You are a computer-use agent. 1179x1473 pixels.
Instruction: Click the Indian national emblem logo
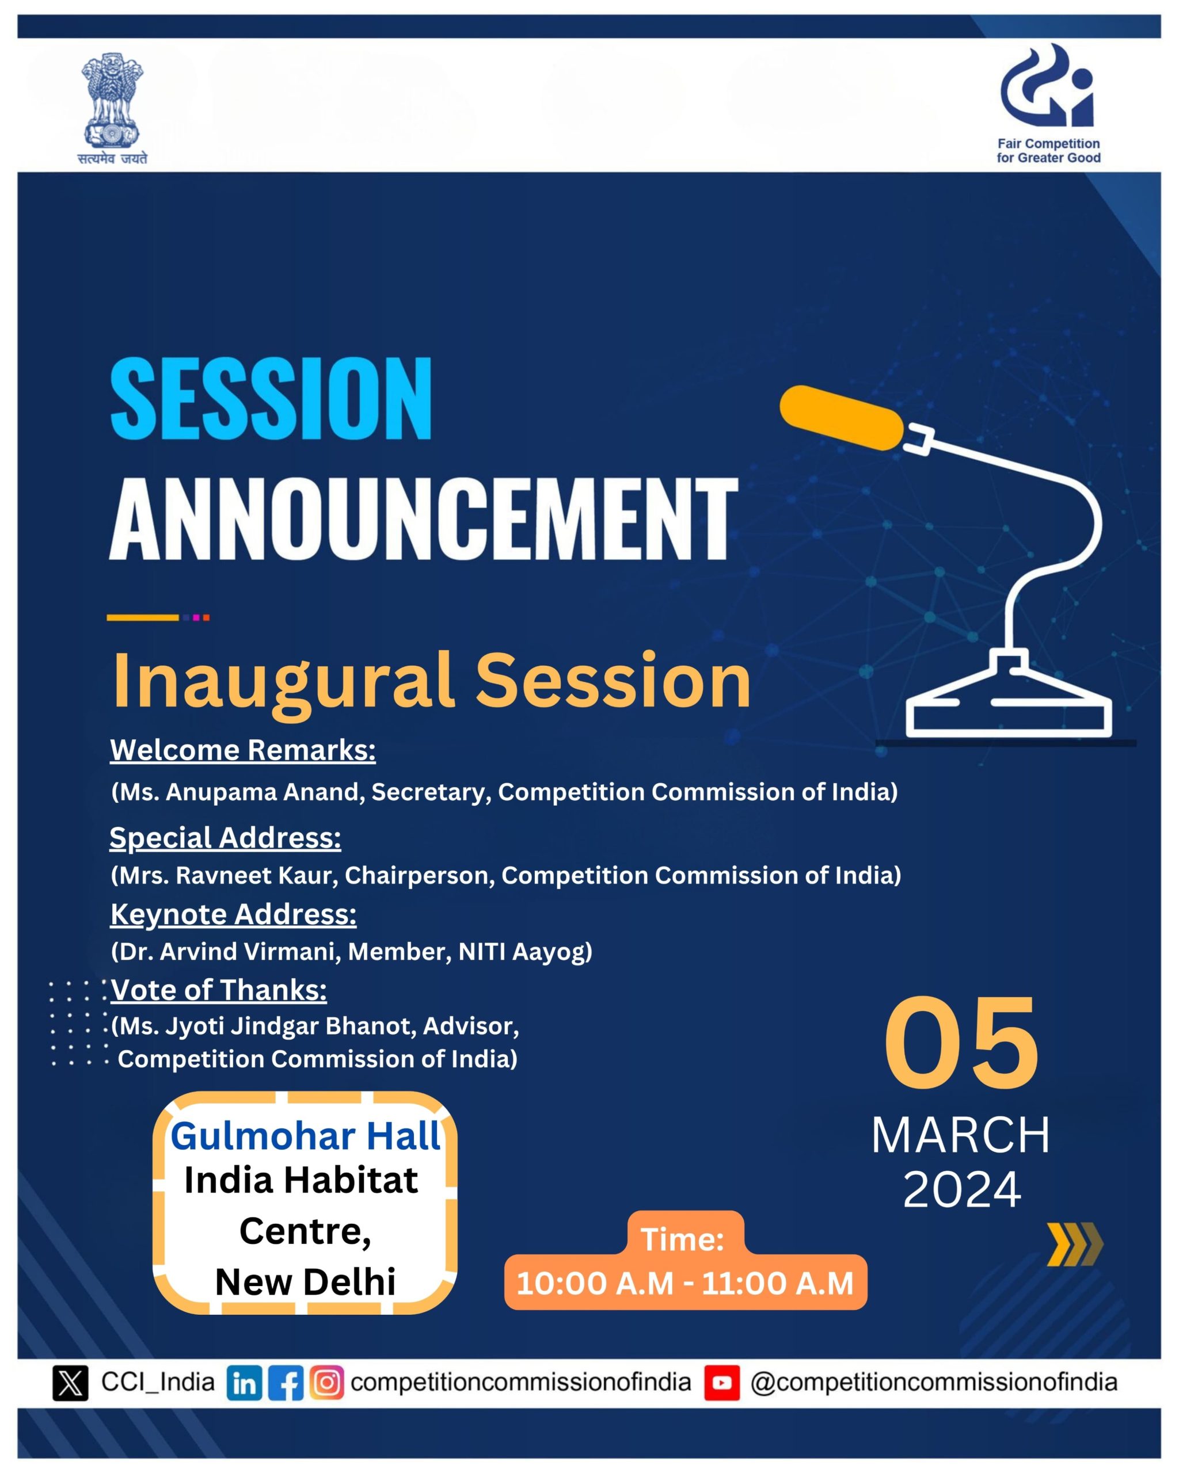(x=112, y=108)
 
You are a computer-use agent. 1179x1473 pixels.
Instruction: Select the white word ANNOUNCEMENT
(x=424, y=518)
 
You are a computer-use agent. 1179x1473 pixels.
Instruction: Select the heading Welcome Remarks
(x=242, y=750)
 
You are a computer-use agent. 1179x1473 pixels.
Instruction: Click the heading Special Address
(x=226, y=838)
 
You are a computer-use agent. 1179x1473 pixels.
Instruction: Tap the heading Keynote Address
(x=234, y=914)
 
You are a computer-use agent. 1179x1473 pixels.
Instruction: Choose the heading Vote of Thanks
(x=219, y=990)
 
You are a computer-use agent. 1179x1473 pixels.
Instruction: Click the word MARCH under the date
(x=961, y=1135)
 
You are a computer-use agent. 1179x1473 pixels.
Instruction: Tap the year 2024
(x=961, y=1189)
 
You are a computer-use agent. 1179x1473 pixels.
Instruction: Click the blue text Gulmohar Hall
(x=306, y=1136)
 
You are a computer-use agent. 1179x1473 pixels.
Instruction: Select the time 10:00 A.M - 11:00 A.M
(x=685, y=1283)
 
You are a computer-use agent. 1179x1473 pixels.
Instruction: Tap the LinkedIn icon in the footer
(x=245, y=1383)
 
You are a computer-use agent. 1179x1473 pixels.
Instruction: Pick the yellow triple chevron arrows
(x=1074, y=1244)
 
